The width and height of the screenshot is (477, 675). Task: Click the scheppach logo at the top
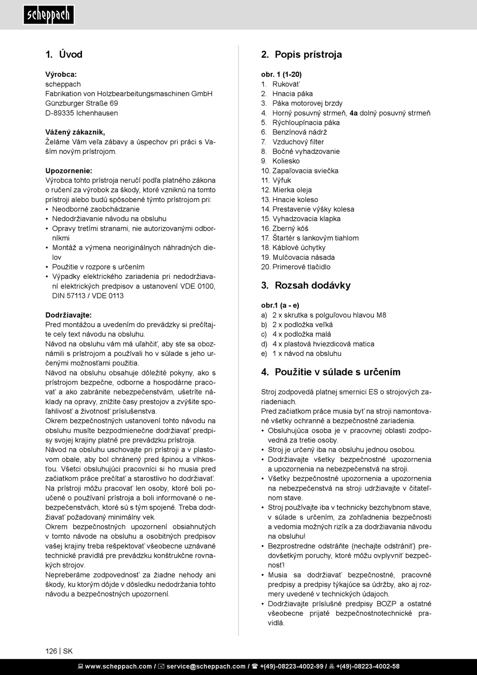tap(49, 15)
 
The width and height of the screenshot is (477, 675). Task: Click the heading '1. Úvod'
tap(64, 54)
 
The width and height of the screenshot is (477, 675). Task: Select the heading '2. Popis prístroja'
tap(301, 54)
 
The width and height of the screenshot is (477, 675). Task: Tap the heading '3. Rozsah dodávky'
tap(306, 285)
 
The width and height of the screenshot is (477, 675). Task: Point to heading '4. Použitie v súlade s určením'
tap(330, 372)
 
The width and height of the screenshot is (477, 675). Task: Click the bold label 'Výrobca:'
tap(61, 74)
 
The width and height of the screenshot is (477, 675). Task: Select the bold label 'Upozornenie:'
tap(69, 171)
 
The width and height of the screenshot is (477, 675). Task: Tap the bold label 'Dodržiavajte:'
tap(68, 315)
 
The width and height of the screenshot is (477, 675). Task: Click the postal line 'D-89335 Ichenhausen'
tap(82, 113)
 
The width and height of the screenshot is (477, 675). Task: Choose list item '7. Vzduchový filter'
tap(292, 142)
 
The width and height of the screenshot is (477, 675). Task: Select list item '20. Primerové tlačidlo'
tap(296, 267)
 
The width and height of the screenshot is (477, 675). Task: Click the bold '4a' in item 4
tap(353, 113)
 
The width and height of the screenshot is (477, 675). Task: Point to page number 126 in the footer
tap(51, 651)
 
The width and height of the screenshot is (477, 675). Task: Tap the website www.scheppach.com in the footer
tap(118, 666)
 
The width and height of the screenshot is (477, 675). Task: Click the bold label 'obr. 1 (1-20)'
tap(281, 74)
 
